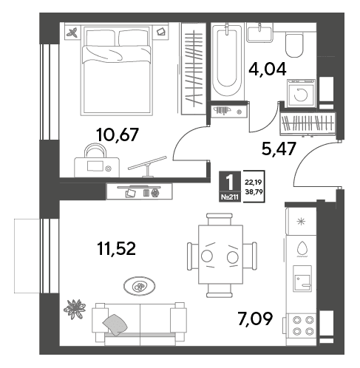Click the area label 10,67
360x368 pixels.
(x=118, y=134)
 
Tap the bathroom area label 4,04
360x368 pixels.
(x=268, y=69)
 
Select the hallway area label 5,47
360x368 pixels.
(x=279, y=149)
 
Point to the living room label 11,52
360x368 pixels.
(x=116, y=248)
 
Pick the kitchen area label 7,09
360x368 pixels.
(x=255, y=318)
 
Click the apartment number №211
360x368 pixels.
(x=229, y=197)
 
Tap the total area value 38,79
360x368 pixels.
(x=254, y=191)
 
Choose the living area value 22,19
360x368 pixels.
(x=253, y=183)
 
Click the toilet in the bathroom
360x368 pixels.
(x=294, y=45)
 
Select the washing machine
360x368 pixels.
(x=301, y=93)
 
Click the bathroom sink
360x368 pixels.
(x=259, y=33)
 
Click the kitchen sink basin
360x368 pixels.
(x=302, y=279)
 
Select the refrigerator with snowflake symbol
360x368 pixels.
(x=301, y=221)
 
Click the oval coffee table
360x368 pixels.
(x=139, y=286)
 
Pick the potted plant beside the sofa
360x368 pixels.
(x=75, y=309)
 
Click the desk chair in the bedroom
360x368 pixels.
(x=95, y=150)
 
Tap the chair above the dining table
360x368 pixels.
(x=220, y=219)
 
